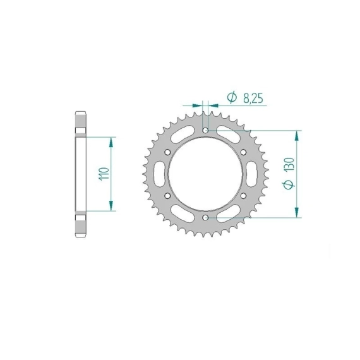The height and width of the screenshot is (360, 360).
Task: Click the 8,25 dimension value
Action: tap(253, 99)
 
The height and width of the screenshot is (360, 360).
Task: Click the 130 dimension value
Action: tap(289, 164)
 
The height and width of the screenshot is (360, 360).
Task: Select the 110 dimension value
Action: tap(104, 174)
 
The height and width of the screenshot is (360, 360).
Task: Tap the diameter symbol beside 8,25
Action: tap(232, 97)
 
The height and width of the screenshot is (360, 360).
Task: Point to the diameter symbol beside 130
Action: tap(289, 184)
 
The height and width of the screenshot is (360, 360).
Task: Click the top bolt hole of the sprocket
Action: tap(205, 130)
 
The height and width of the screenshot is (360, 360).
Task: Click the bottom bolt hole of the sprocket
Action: tap(205, 217)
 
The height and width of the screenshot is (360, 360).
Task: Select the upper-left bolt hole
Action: tap(167, 152)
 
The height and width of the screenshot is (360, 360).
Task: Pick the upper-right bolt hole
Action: tap(243, 152)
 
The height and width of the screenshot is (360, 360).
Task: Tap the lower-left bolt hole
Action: tap(167, 196)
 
